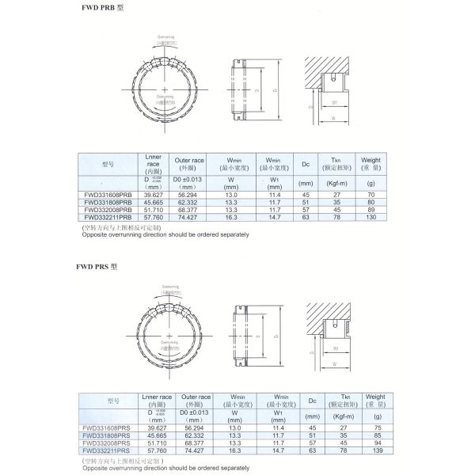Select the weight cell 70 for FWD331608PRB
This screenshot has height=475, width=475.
(370, 196)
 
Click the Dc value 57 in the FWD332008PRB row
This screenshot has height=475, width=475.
(305, 209)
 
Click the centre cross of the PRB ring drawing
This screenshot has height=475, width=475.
(163, 89)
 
